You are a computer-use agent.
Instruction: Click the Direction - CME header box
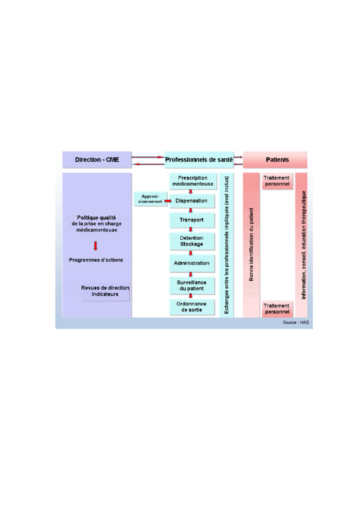[x=97, y=160]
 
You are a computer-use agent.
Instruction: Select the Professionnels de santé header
[x=199, y=160]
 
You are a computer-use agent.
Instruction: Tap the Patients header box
[x=275, y=160]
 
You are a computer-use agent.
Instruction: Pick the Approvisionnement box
[x=150, y=199]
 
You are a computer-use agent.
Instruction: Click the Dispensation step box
[x=192, y=201]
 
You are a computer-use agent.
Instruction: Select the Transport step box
[x=192, y=220]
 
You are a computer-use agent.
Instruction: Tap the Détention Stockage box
[x=192, y=241]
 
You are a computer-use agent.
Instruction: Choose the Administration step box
[x=192, y=263]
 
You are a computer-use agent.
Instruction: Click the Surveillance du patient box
[x=192, y=285]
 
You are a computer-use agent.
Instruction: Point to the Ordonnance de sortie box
[x=192, y=307]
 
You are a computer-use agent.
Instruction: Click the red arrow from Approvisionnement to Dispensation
[x=168, y=201]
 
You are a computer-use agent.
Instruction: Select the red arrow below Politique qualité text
[x=96, y=246]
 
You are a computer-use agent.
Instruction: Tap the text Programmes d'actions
[x=96, y=260]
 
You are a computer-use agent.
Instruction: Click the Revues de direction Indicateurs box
[x=106, y=292]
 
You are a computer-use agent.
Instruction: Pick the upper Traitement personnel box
[x=277, y=181]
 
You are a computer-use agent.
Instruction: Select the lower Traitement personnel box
[x=277, y=309]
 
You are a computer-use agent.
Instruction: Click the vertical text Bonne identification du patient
[x=251, y=244]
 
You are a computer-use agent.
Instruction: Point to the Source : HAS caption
[x=296, y=322]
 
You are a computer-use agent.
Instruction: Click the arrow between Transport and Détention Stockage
[x=191, y=230]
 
